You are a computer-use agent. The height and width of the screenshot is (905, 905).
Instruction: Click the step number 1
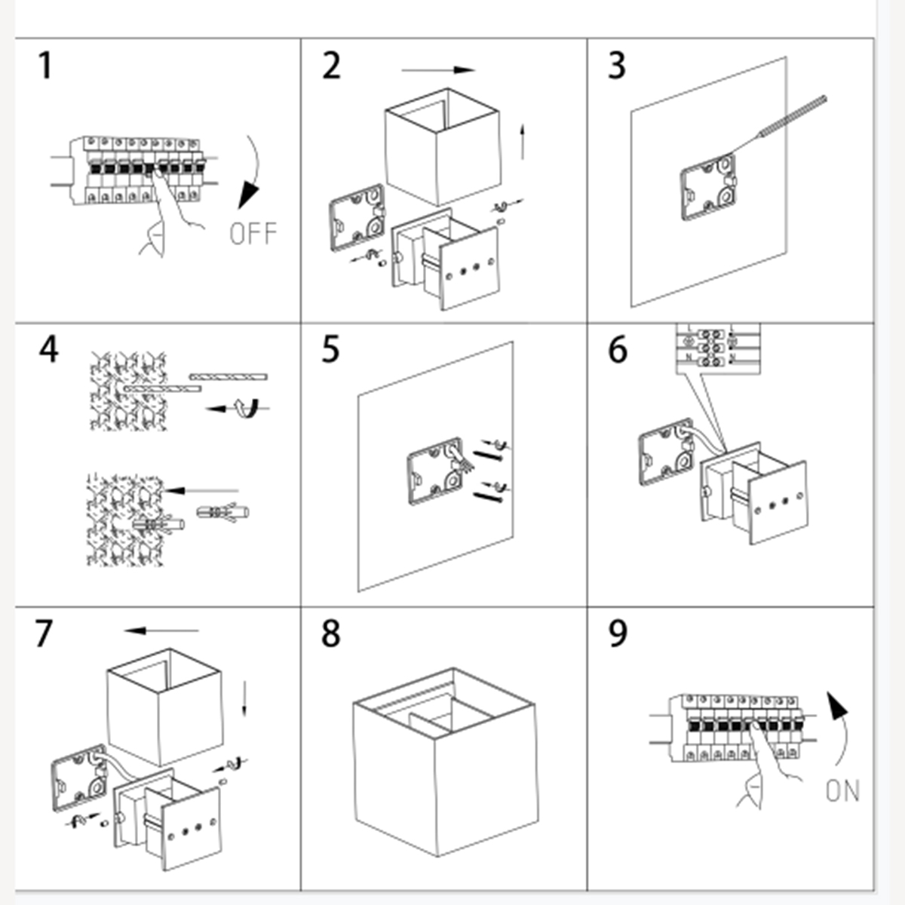pos(46,66)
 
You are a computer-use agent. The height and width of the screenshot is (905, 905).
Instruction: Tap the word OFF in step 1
pos(253,234)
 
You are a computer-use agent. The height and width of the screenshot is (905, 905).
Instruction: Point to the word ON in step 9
pos(842,791)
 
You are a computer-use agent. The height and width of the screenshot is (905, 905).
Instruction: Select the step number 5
pos(330,350)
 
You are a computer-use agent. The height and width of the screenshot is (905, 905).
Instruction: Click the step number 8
pos(331,633)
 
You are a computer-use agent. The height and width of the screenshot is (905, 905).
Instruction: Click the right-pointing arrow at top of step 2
pos(438,71)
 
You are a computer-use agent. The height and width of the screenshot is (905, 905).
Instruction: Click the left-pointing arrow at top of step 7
pos(161,630)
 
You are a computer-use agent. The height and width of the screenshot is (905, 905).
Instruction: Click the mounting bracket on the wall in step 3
pos(708,187)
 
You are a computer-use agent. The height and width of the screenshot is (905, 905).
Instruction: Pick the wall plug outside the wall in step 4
pos(222,513)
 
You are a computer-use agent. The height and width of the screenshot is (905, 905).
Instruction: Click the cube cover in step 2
pos(441,147)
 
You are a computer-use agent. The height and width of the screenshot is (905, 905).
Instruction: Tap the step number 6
pos(618,350)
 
